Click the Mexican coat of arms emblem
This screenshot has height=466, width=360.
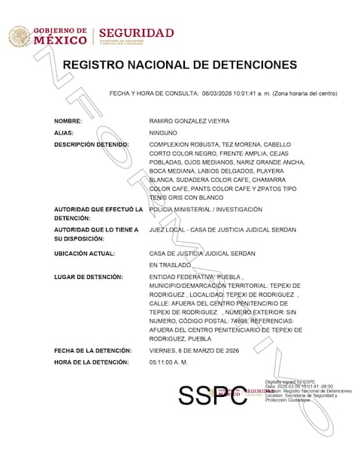19,36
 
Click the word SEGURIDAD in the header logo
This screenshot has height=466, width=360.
136,33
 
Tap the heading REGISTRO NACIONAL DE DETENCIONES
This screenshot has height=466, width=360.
180,65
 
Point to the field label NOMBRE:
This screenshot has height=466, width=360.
68,120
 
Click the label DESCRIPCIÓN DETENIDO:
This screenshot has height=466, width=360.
91,144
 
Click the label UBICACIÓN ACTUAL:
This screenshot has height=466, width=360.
85,253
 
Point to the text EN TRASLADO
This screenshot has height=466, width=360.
171,265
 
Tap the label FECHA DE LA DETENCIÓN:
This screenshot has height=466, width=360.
92,350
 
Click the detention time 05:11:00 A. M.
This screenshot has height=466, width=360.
169,362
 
